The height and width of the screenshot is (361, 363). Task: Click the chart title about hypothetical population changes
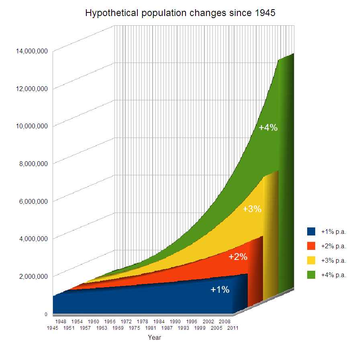(180, 13)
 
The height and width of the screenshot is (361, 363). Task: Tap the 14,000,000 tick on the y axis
(32, 51)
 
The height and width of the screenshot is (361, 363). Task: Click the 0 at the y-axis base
(46, 314)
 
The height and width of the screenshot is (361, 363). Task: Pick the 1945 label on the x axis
(53, 328)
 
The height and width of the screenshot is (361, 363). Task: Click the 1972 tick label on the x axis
(126, 322)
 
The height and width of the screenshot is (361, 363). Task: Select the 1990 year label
(175, 322)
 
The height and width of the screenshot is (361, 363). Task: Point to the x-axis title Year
(155, 338)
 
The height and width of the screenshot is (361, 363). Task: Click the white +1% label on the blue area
(220, 290)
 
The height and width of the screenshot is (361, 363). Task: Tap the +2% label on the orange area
(238, 257)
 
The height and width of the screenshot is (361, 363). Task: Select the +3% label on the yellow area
(252, 209)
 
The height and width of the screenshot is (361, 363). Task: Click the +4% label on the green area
(268, 128)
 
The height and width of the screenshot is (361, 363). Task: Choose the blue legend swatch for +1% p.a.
(311, 231)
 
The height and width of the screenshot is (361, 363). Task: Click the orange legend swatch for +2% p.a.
(311, 246)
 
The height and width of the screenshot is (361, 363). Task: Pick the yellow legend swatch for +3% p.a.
(311, 260)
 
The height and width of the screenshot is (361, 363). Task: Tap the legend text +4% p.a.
(334, 275)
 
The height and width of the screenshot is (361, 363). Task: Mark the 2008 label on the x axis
(224, 322)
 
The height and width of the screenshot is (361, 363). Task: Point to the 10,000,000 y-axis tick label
(32, 126)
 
